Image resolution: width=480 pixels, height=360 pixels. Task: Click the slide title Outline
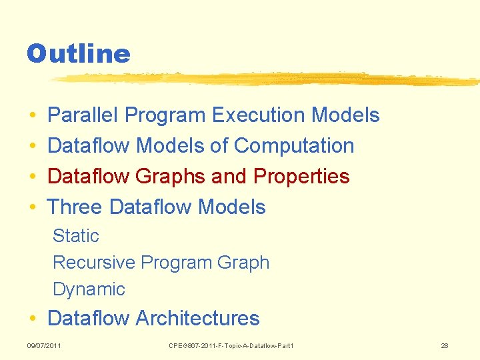coord(78,53)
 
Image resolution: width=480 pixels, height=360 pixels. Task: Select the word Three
coord(75,207)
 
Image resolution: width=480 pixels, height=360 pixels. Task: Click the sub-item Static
coord(75,236)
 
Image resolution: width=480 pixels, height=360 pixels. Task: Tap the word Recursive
coord(94,263)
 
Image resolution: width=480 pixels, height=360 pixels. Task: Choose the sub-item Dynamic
coord(89,289)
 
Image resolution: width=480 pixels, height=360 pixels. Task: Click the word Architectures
coord(197,319)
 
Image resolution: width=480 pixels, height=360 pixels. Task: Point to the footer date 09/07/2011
coord(43,345)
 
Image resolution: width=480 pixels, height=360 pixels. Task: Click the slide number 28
coord(445,345)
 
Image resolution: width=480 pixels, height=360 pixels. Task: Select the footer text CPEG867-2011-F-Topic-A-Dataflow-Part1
coord(231,345)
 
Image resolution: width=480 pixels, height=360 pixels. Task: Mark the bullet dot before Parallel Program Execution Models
coord(33,116)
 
